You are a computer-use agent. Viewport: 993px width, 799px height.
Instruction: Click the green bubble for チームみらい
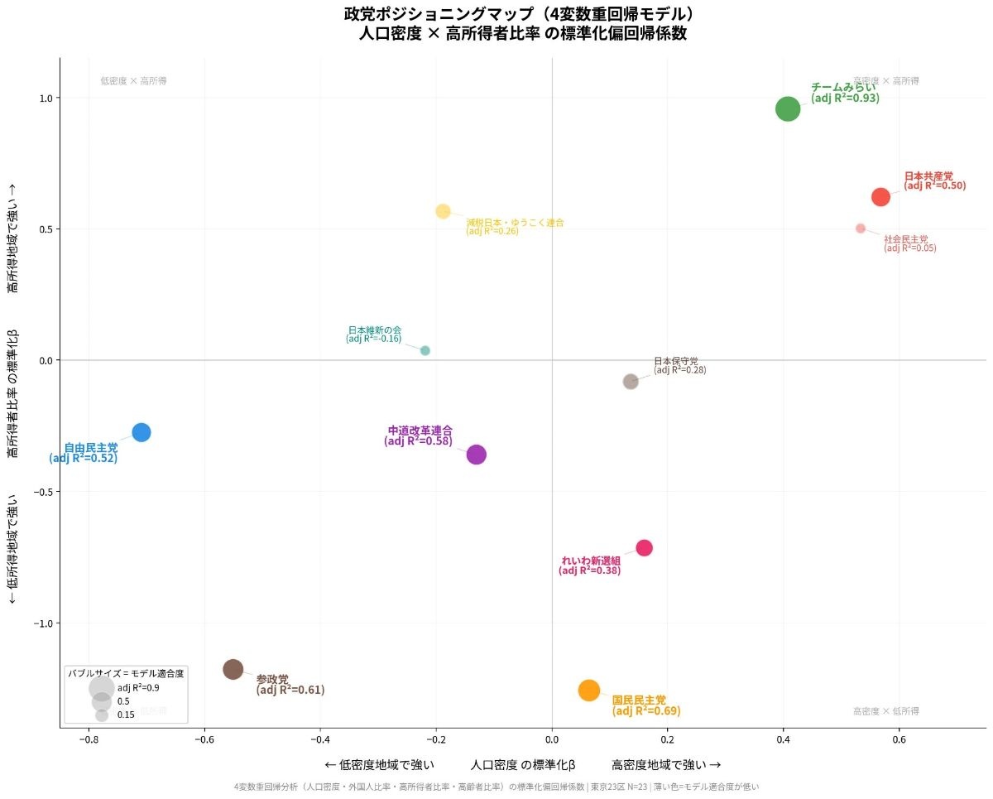[788, 108]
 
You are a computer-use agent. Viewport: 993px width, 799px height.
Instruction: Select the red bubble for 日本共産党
[880, 197]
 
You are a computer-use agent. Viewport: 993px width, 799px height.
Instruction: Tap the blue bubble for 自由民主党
[142, 432]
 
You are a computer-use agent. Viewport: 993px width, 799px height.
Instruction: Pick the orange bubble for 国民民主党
[588, 690]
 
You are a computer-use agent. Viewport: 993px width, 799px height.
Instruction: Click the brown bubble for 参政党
[233, 669]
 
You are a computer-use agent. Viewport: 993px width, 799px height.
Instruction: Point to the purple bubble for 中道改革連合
[476, 454]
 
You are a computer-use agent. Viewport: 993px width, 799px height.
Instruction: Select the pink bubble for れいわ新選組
[645, 547]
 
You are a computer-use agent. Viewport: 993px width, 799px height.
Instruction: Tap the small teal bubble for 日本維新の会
[425, 350]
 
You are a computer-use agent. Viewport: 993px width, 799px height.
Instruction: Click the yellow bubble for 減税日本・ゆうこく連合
[443, 211]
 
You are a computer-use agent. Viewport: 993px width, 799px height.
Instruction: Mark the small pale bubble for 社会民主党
[861, 229]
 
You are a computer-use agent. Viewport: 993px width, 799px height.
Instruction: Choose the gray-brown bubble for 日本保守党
[631, 382]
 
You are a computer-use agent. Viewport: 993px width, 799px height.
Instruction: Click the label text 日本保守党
[676, 361]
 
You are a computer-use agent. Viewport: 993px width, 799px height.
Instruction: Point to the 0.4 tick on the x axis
[784, 739]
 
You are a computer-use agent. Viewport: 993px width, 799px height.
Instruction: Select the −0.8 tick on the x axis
[89, 739]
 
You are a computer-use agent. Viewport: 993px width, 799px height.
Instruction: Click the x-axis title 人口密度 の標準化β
[522, 764]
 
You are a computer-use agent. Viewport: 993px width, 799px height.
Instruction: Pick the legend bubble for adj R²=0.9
[101, 687]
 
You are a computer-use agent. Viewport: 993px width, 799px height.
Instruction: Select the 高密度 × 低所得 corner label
[885, 711]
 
